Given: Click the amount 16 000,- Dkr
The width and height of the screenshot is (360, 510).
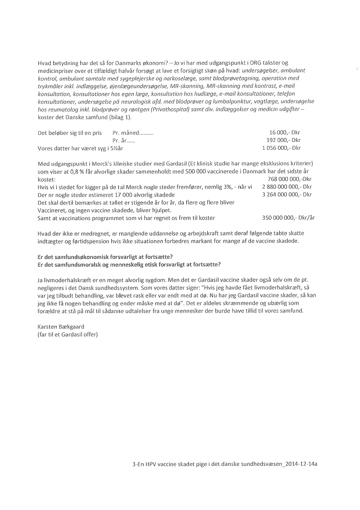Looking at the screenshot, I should [x=285, y=133].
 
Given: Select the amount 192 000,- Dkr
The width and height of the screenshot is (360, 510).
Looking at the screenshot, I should [x=283, y=140].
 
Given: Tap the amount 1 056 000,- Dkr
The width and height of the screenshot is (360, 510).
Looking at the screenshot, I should [x=281, y=148].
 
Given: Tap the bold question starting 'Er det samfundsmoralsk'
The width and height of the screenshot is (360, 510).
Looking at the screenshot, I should [x=129, y=264].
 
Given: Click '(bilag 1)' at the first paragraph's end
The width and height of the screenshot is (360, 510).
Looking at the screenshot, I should [x=120, y=117].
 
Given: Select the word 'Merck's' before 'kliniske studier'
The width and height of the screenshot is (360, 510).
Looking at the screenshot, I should [x=100, y=164].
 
